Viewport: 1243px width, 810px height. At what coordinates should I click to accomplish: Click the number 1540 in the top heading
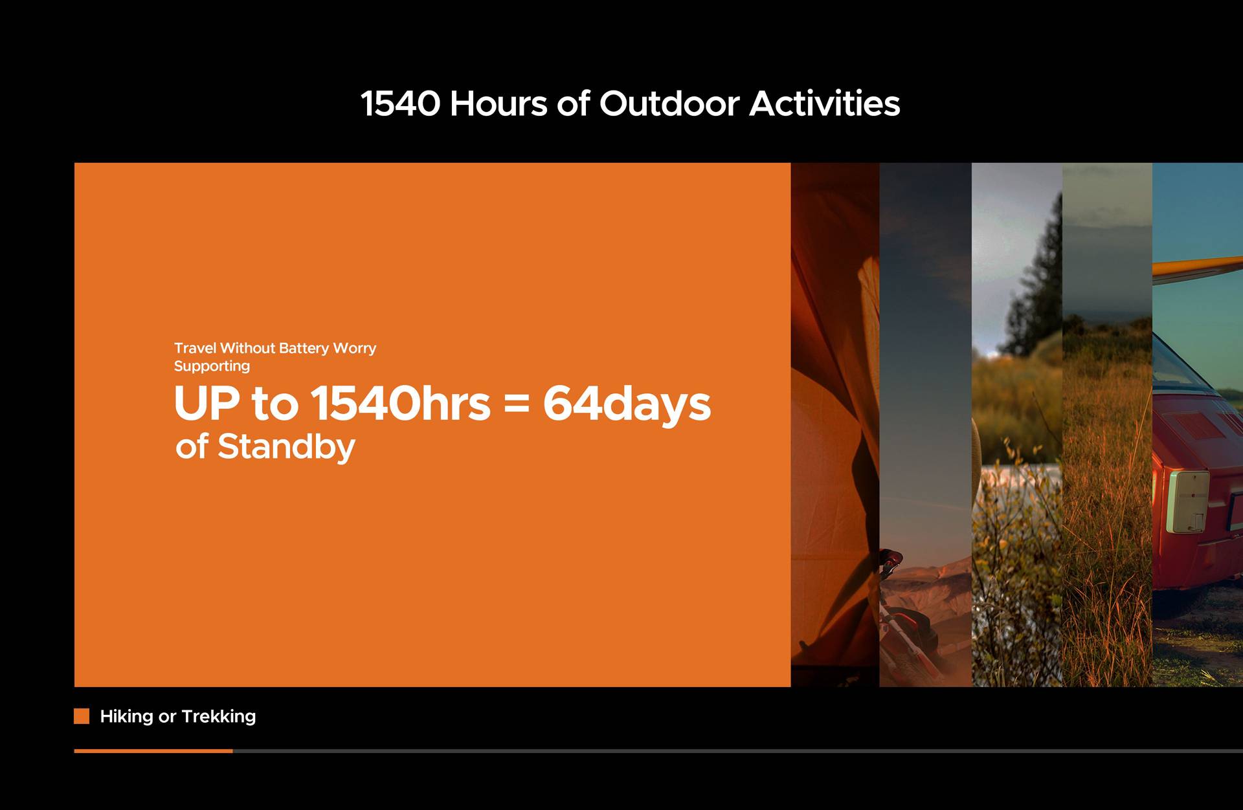pos(400,104)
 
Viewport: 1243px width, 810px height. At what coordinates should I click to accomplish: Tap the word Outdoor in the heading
pos(669,104)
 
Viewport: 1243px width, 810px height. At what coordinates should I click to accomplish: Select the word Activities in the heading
pos(825,104)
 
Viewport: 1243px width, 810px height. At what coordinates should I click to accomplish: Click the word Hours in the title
pos(498,104)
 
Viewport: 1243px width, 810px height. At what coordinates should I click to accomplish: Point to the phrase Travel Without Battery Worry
pos(275,348)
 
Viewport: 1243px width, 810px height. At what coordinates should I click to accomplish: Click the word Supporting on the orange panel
pos(212,366)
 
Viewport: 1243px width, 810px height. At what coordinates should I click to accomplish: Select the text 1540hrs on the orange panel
pos(401,403)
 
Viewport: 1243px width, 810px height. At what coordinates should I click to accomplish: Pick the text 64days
pos(627,405)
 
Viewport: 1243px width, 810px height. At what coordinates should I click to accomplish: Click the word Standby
pos(286,447)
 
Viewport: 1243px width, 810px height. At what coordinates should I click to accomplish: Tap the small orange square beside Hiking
pos(82,716)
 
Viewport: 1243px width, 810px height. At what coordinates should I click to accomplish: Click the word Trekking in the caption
pos(219,716)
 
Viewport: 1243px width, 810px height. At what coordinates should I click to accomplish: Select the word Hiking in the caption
pos(127,717)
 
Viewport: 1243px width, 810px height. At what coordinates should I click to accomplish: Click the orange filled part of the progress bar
pos(153,750)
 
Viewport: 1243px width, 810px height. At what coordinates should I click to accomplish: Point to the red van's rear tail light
pos(1189,501)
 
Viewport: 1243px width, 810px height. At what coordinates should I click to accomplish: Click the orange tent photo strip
pos(835,424)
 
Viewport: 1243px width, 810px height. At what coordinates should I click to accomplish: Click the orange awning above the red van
pos(1198,268)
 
